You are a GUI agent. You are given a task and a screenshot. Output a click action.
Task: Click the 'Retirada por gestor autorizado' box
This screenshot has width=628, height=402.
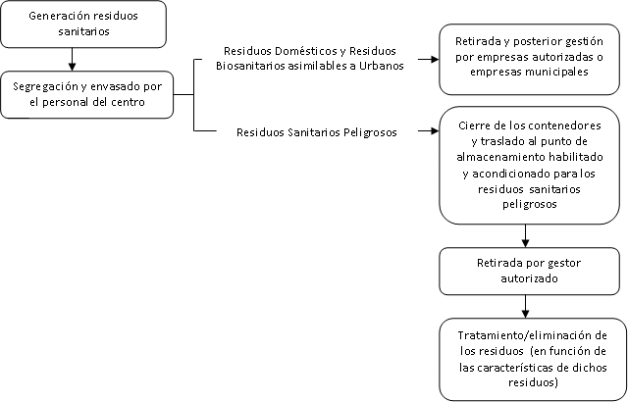click(528, 271)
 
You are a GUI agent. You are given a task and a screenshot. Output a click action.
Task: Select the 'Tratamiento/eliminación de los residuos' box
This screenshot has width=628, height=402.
click(528, 359)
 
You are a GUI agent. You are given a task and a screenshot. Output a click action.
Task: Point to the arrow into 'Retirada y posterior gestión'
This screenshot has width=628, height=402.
click(431, 58)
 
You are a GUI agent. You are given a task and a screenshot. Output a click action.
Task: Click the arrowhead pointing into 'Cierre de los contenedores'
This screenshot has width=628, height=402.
click(432, 129)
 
